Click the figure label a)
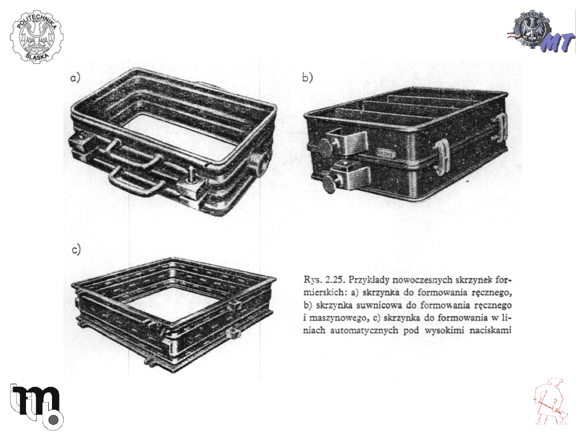pyautogui.click(x=75, y=78)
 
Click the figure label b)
pyautogui.click(x=308, y=78)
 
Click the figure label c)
pyautogui.click(x=76, y=249)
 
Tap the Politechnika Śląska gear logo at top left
pyautogui.click(x=37, y=37)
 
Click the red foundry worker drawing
pyautogui.click(x=550, y=402)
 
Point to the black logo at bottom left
pyautogui.click(x=36, y=406)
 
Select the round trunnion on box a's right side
pyautogui.click(x=261, y=163)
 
